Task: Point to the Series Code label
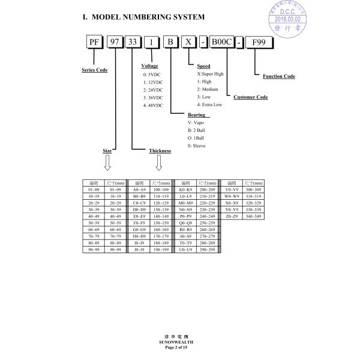[x=94, y=70]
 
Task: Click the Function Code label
[x=279, y=76]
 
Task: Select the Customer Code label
[x=250, y=97]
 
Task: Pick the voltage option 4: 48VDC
[x=154, y=105]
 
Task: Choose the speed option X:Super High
[x=211, y=73]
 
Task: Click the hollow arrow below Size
[x=108, y=162]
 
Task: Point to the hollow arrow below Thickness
[x=159, y=162]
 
